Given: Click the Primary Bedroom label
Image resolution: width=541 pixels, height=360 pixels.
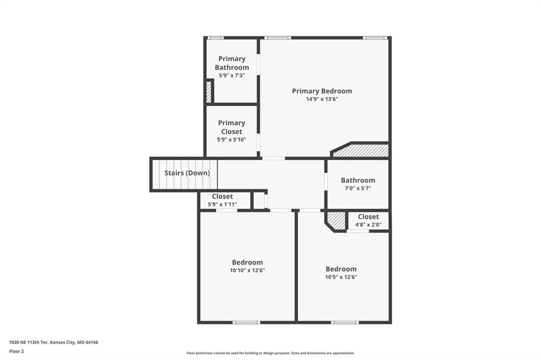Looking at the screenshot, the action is click(322, 91).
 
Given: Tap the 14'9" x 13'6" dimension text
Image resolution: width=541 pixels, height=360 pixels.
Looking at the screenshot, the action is click(322, 99).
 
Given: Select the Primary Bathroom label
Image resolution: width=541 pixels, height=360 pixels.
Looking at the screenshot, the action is click(232, 63).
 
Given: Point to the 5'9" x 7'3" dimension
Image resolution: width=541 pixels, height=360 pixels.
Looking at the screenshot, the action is click(232, 75).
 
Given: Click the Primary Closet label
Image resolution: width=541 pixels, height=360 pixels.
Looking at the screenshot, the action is click(231, 127).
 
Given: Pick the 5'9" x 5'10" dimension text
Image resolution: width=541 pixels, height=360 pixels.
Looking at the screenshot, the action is click(231, 140).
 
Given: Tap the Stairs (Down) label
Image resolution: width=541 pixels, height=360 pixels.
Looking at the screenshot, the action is click(187, 173).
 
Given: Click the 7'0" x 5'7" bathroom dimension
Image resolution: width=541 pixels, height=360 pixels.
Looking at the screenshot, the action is click(358, 188).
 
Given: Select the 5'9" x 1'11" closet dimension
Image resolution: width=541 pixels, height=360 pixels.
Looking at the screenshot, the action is click(222, 204).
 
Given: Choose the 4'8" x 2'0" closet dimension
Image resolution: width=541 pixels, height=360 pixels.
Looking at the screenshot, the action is click(368, 225).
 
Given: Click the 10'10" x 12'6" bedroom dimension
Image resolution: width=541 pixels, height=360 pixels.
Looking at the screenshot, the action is click(247, 271).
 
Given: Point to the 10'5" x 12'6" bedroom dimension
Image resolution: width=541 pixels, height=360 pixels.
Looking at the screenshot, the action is click(341, 277).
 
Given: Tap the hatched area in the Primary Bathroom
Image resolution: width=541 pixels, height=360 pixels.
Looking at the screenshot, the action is click(209, 92).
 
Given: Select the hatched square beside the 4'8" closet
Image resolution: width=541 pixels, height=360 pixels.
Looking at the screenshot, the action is click(335, 221).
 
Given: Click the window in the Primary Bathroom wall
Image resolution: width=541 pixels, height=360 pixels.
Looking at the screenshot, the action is click(216, 37).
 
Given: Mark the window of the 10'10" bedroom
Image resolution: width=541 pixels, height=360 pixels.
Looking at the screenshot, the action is click(246, 323).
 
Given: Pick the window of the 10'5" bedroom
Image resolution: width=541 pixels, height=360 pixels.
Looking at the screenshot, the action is click(344, 323).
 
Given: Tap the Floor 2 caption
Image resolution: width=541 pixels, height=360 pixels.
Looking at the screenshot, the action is click(16, 352).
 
